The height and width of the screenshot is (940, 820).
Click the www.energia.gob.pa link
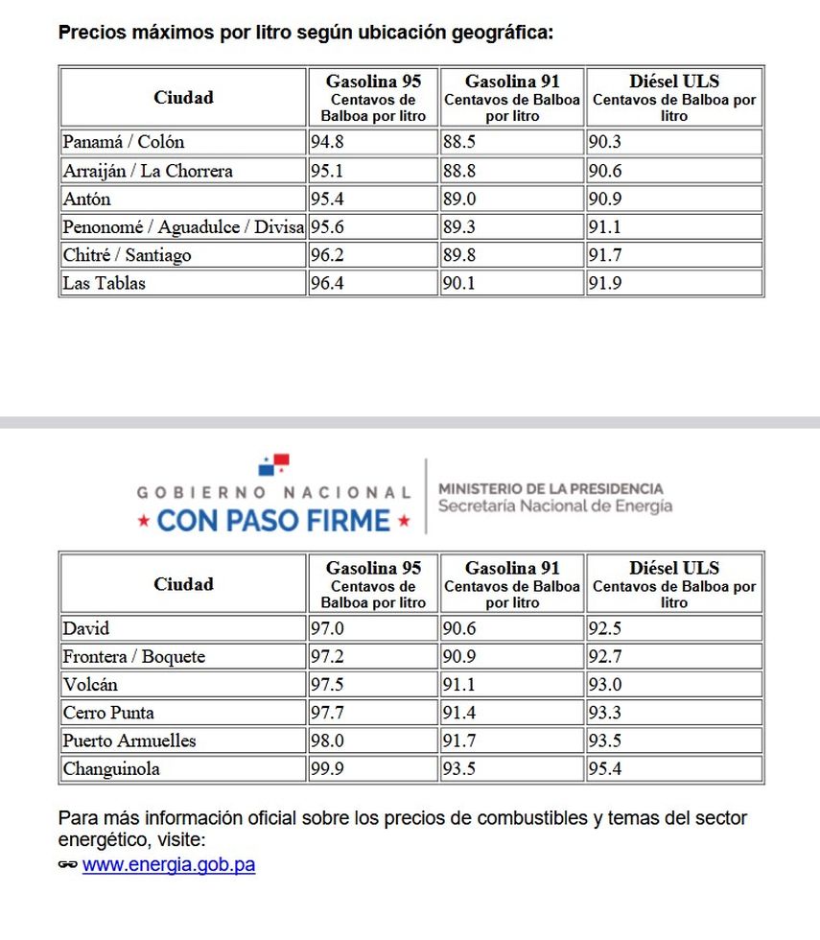[x=169, y=864]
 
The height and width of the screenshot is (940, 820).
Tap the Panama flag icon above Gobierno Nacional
[x=273, y=466]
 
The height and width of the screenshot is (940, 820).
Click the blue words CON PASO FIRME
[x=274, y=521]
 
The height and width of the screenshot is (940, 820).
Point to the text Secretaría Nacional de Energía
[x=555, y=505]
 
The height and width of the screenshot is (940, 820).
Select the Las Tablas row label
[x=105, y=283]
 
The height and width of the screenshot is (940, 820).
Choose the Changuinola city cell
[x=111, y=768]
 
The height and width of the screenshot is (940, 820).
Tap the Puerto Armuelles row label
[x=129, y=740]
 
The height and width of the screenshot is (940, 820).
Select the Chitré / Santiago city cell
[x=127, y=255]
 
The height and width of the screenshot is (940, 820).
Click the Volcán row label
[x=92, y=685]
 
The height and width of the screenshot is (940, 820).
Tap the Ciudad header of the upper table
[x=183, y=97]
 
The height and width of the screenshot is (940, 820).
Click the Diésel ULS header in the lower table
[x=674, y=568]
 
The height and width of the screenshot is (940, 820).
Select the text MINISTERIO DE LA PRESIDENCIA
[x=551, y=488]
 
